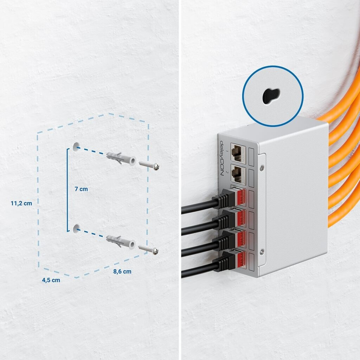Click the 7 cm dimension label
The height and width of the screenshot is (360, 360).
81,189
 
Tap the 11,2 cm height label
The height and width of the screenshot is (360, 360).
21,204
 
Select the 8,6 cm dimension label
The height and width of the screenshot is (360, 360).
122,271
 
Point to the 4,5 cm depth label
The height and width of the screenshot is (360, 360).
51,280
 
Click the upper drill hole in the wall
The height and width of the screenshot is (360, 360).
76,147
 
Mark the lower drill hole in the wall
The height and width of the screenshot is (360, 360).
76,229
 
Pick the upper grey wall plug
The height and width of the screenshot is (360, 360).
121,158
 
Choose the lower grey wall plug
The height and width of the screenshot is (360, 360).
121,242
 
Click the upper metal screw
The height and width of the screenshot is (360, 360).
149,165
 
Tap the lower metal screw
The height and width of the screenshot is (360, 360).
149,249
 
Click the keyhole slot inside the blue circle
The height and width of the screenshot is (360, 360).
271,96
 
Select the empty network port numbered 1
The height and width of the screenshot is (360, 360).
238,152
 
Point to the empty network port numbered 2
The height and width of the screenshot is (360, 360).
238,174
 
